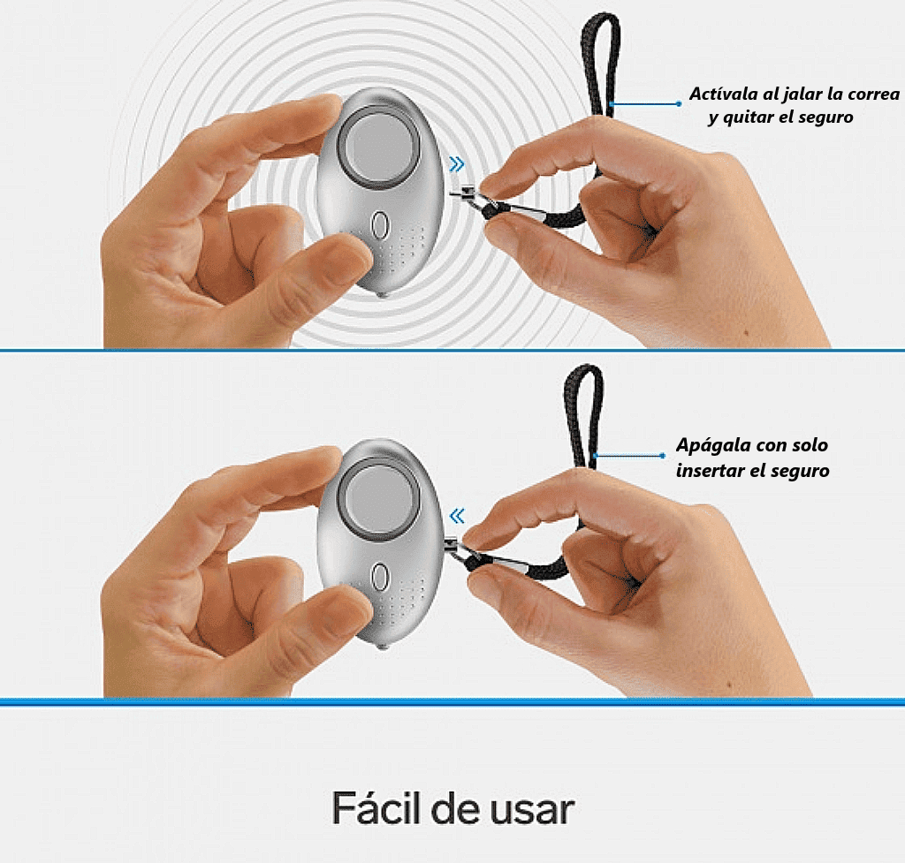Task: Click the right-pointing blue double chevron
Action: point(457,164)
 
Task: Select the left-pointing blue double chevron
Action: point(457,516)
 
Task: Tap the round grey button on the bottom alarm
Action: point(378,496)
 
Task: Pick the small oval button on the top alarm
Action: point(379,225)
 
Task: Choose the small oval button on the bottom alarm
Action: point(379,576)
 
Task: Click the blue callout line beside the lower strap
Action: point(629,456)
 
